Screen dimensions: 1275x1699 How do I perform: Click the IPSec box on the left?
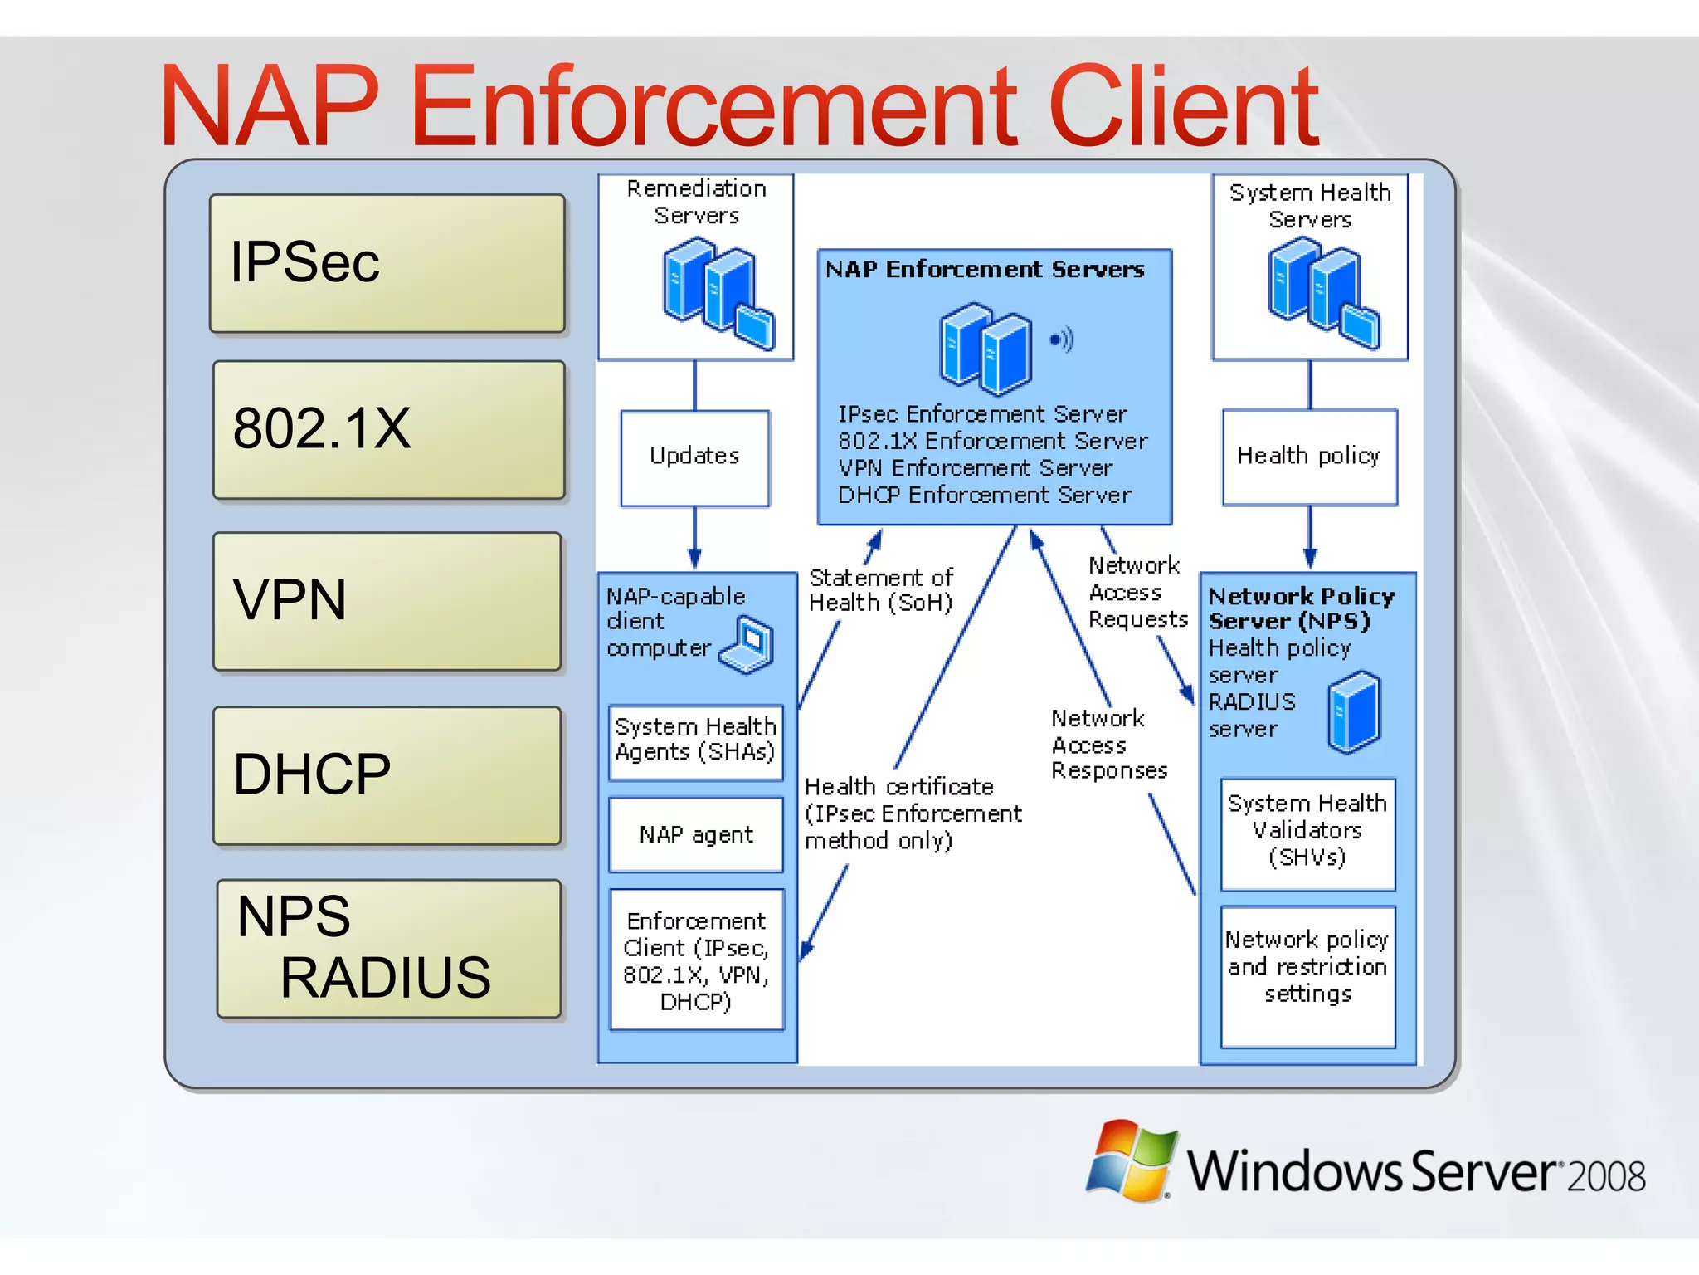(387, 264)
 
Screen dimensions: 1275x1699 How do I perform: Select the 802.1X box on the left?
(389, 430)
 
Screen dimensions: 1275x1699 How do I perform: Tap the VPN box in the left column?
(387, 601)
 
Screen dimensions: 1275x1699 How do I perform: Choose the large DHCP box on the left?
(387, 775)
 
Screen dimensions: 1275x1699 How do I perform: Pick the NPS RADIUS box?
(389, 949)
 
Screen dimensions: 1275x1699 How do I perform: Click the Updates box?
(695, 457)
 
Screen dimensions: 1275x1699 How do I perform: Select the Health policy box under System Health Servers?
(1309, 457)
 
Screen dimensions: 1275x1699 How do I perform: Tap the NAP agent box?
(696, 834)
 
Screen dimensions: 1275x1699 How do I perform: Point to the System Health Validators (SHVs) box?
(1307, 833)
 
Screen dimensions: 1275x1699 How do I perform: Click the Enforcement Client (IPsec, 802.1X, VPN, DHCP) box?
(697, 960)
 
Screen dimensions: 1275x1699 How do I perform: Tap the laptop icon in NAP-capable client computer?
(748, 644)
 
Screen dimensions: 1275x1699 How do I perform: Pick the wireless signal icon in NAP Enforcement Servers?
(1062, 339)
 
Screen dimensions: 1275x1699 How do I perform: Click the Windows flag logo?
(1132, 1160)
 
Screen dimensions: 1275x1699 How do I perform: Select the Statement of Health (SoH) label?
(880, 590)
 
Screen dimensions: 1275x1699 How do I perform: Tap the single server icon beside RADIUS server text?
(1353, 712)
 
